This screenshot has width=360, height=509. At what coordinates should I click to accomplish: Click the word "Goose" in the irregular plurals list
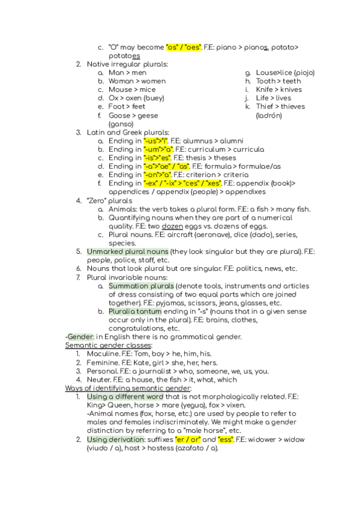[119, 115]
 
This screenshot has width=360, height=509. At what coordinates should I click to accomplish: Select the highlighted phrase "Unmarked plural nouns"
[127, 251]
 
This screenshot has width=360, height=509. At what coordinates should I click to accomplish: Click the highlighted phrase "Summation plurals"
[141, 286]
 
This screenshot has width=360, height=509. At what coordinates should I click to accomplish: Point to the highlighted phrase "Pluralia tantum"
[135, 312]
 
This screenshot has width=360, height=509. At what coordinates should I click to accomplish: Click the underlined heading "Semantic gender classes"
[108, 346]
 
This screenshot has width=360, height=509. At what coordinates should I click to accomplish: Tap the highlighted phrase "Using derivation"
[115, 440]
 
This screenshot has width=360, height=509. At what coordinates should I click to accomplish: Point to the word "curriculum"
[208, 149]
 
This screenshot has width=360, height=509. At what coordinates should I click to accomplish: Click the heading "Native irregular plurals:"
[127, 64]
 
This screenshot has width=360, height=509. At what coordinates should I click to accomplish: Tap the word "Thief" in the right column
[266, 107]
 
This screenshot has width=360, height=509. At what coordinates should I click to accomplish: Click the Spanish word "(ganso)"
[121, 124]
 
